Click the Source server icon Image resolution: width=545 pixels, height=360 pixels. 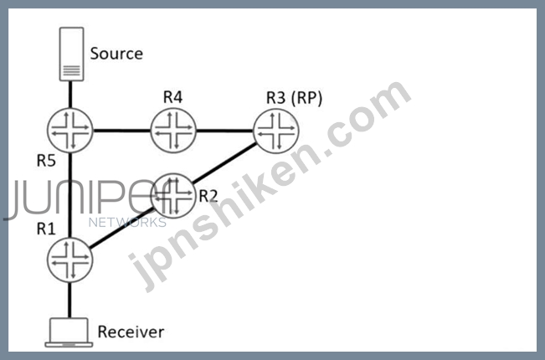[73, 54]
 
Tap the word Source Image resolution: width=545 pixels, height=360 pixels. [116, 54]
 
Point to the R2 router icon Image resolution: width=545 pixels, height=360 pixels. [174, 195]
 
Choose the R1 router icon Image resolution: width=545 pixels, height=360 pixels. [71, 257]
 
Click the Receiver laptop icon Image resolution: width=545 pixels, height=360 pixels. [71, 332]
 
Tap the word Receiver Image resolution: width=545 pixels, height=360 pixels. [131, 332]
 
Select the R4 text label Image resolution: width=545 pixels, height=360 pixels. [172, 97]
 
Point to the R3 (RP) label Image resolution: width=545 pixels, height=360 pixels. [294, 97]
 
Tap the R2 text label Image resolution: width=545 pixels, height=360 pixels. [208, 197]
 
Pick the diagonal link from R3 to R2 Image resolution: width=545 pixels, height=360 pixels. [226, 162]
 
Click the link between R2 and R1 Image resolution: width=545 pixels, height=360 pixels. [123, 226]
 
